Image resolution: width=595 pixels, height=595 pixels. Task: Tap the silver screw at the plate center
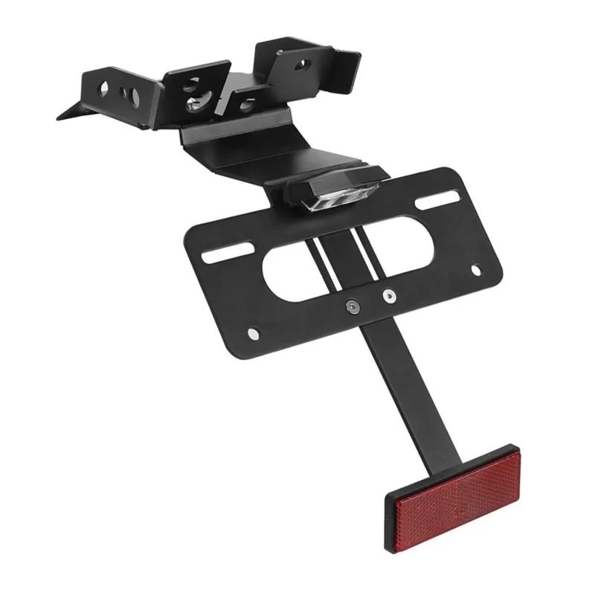click(x=387, y=296)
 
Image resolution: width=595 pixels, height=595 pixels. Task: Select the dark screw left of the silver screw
click(x=351, y=305)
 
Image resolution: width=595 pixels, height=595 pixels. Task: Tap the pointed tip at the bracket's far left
click(x=59, y=119)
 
